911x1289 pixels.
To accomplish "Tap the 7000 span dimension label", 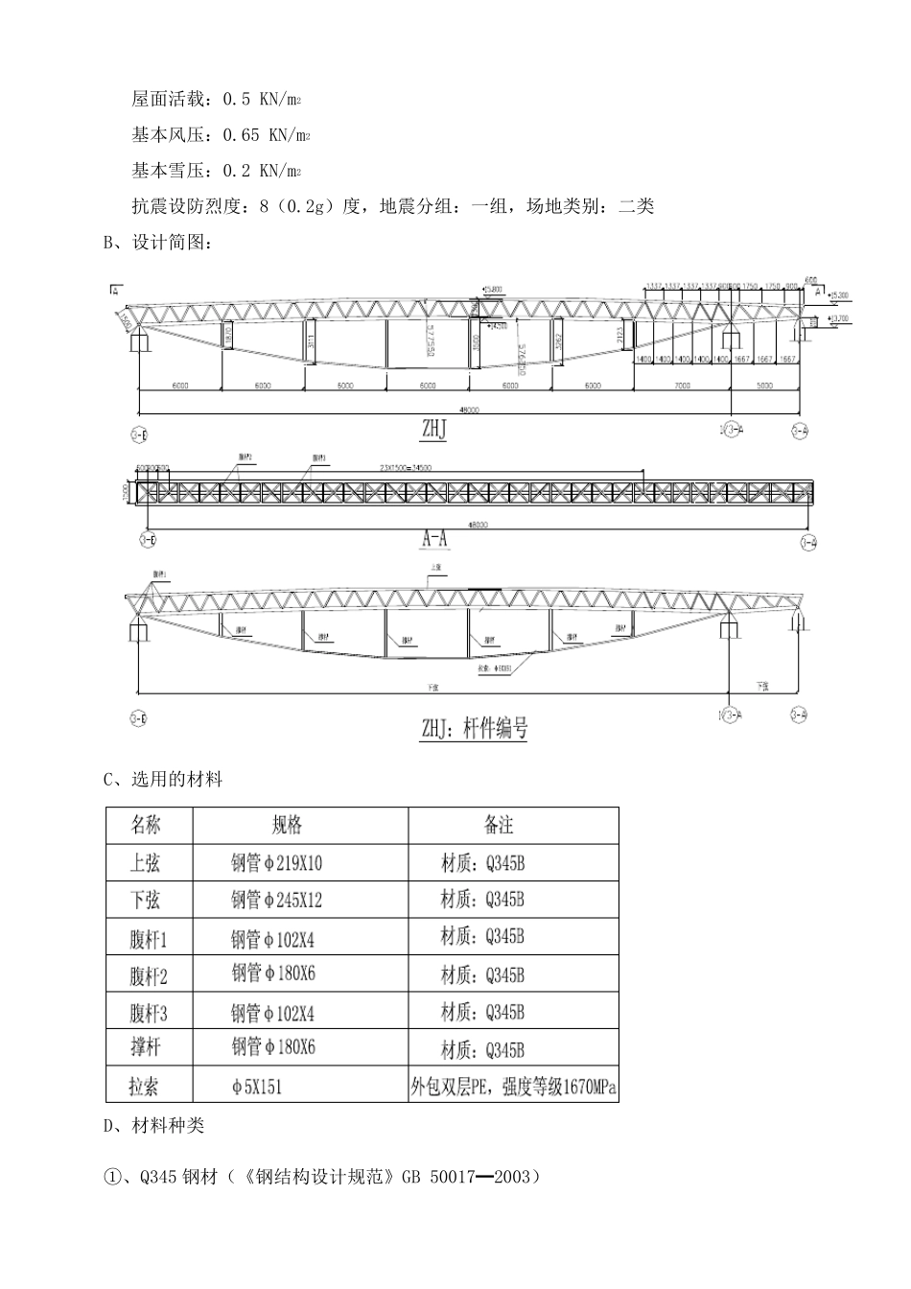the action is [x=682, y=386].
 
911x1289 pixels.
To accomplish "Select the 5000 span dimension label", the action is [x=764, y=386].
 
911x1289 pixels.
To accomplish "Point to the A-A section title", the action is [x=435, y=540].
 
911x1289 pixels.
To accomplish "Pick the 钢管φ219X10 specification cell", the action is [x=277, y=863].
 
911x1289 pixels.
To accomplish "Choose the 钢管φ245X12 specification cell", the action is [x=277, y=900].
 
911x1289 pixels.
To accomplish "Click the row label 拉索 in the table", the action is [x=145, y=1087].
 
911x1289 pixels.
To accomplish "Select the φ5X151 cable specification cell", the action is [x=256, y=1088].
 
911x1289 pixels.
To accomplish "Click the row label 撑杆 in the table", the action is [x=146, y=1048].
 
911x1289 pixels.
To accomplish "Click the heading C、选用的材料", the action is [x=163, y=780].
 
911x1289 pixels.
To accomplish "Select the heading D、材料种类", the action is [x=153, y=1125].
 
